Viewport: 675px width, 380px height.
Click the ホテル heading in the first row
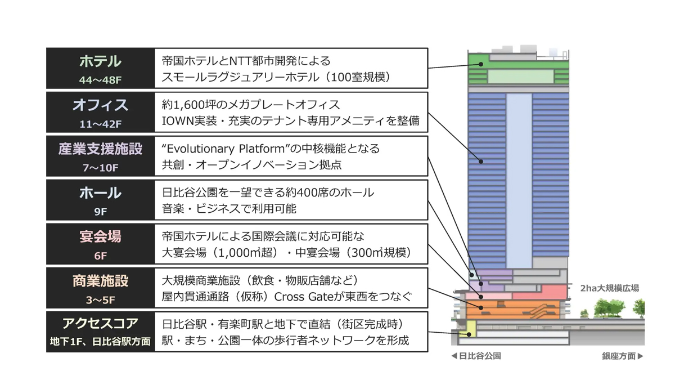click(x=100, y=61)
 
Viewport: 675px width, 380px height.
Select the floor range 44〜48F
click(x=100, y=80)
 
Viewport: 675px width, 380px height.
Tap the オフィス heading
click(x=100, y=105)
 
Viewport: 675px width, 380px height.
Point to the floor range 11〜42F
click(x=100, y=124)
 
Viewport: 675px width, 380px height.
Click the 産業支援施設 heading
click(x=100, y=149)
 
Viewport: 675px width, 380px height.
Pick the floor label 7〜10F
click(x=100, y=168)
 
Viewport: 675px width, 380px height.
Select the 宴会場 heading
click(x=100, y=237)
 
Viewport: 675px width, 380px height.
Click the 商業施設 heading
click(x=100, y=281)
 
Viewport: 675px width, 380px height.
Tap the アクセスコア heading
click(x=100, y=324)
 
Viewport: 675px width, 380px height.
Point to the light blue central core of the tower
click(x=519, y=180)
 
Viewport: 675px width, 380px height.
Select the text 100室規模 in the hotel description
click(x=358, y=77)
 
